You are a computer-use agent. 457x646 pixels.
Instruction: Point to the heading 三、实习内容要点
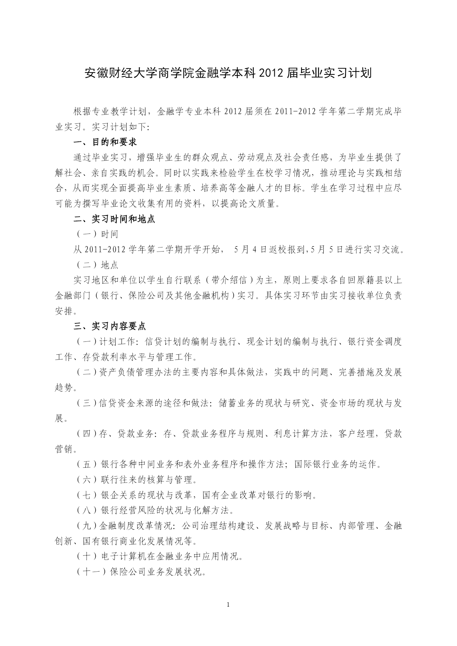tap(110, 326)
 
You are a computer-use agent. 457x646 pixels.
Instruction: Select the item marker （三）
tap(87, 403)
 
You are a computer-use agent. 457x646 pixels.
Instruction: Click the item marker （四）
tap(87, 434)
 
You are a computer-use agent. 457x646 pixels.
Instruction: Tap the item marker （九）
tap(87, 526)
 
